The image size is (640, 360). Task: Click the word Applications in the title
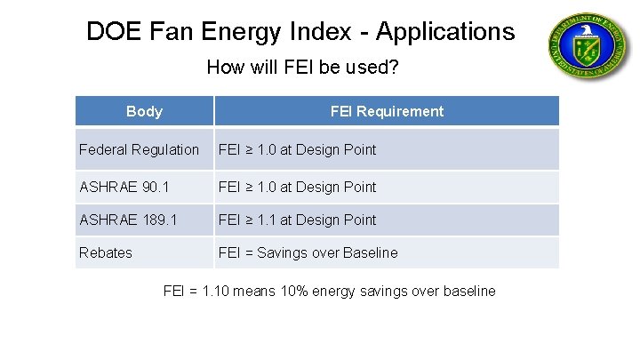click(444, 32)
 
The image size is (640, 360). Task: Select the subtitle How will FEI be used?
click(301, 67)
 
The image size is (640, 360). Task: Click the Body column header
click(144, 111)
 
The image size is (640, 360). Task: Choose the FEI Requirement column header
click(387, 111)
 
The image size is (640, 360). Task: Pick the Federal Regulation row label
click(139, 149)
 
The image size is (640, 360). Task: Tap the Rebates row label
click(105, 252)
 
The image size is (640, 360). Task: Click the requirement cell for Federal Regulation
click(298, 149)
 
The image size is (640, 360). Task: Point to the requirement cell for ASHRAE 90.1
click(298, 187)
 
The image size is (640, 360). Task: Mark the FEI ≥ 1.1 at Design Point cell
click(298, 220)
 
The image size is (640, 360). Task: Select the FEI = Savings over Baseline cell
click(308, 252)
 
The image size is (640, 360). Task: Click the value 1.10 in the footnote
click(220, 291)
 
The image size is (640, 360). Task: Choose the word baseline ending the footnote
click(468, 291)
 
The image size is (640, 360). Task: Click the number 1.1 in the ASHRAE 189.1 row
click(266, 220)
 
